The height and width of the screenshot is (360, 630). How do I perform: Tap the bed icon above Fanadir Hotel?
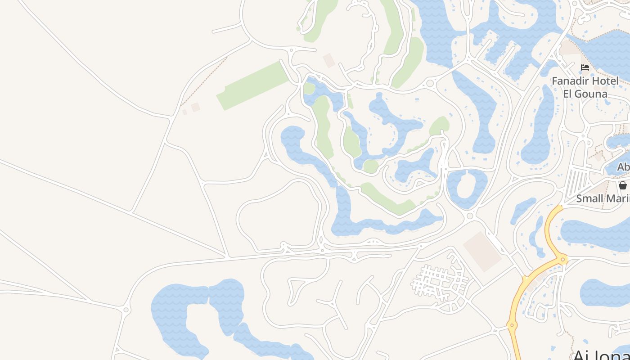click(585, 67)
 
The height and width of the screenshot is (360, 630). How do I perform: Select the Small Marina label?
click(603, 198)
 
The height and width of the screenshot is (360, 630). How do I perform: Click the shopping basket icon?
click(623, 185)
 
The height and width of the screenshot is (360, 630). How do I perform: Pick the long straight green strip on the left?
click(253, 85)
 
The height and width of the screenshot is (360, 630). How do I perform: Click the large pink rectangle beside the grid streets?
click(482, 252)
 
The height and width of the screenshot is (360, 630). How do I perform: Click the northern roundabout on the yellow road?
click(562, 260)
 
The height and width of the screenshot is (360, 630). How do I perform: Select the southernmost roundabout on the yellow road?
click(512, 324)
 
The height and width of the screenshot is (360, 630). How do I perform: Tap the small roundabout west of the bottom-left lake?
click(126, 310)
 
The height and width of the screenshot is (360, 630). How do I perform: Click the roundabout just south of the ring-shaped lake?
click(470, 216)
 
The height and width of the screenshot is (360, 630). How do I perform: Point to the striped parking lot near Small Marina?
click(576, 182)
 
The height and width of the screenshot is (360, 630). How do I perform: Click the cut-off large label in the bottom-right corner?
click(601, 355)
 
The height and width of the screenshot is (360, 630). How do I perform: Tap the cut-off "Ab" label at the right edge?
click(623, 167)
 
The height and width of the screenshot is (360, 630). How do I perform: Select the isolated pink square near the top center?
click(329, 60)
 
